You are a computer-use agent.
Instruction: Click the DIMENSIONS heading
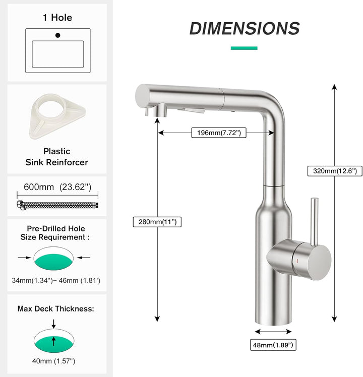click(x=244, y=29)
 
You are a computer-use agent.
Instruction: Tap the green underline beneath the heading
click(x=244, y=48)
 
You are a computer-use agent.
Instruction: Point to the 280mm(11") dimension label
click(x=157, y=221)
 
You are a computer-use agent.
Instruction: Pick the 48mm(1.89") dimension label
click(x=273, y=345)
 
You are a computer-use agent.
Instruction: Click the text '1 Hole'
click(x=57, y=18)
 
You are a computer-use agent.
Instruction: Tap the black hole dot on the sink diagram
click(x=57, y=35)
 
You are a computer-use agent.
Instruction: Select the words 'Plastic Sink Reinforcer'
click(x=56, y=157)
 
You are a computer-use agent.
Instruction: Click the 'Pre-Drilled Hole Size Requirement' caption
click(x=55, y=232)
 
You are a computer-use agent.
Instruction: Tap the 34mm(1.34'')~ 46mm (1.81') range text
click(x=56, y=280)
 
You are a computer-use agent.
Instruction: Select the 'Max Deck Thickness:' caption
click(x=56, y=309)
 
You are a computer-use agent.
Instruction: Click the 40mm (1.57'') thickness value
click(x=54, y=361)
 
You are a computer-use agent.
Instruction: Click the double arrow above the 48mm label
click(x=272, y=331)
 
